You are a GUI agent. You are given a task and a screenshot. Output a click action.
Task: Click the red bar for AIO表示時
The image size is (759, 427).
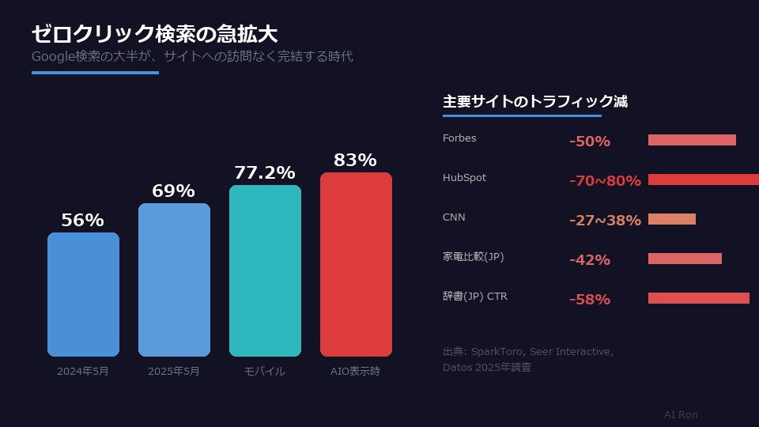click(x=356, y=264)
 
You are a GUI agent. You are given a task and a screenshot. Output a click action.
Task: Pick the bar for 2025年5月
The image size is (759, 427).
click(x=174, y=280)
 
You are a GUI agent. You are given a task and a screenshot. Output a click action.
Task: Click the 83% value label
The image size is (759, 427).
click(x=355, y=161)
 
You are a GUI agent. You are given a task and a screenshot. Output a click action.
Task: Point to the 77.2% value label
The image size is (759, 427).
click(x=264, y=173)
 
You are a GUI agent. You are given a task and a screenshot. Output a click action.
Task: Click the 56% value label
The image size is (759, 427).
click(x=83, y=221)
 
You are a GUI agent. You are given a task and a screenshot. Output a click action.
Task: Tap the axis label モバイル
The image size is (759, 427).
click(x=265, y=371)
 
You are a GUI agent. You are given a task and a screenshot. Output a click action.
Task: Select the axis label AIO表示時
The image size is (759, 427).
click(x=355, y=371)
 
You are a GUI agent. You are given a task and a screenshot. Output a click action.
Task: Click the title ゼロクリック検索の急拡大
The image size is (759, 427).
click(x=154, y=34)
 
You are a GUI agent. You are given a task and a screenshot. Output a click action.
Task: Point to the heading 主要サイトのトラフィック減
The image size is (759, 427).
click(x=535, y=102)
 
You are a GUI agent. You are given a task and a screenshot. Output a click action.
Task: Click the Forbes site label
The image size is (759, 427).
click(x=459, y=138)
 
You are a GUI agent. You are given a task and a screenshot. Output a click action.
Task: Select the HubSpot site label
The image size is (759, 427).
click(x=464, y=178)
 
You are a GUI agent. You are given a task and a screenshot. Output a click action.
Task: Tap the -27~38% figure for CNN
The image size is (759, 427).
click(x=605, y=221)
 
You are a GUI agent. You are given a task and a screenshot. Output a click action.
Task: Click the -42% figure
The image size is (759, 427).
click(x=590, y=260)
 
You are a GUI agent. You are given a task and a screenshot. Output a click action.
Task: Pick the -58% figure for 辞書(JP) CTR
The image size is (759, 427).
click(x=590, y=300)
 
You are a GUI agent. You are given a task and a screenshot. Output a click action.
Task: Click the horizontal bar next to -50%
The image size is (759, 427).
click(x=692, y=140)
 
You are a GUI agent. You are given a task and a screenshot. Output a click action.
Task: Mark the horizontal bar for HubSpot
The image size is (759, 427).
click(x=704, y=179)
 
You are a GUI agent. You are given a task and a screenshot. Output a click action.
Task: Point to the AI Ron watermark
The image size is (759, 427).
click(x=681, y=415)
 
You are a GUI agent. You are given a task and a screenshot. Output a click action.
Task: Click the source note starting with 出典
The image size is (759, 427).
click(x=528, y=359)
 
